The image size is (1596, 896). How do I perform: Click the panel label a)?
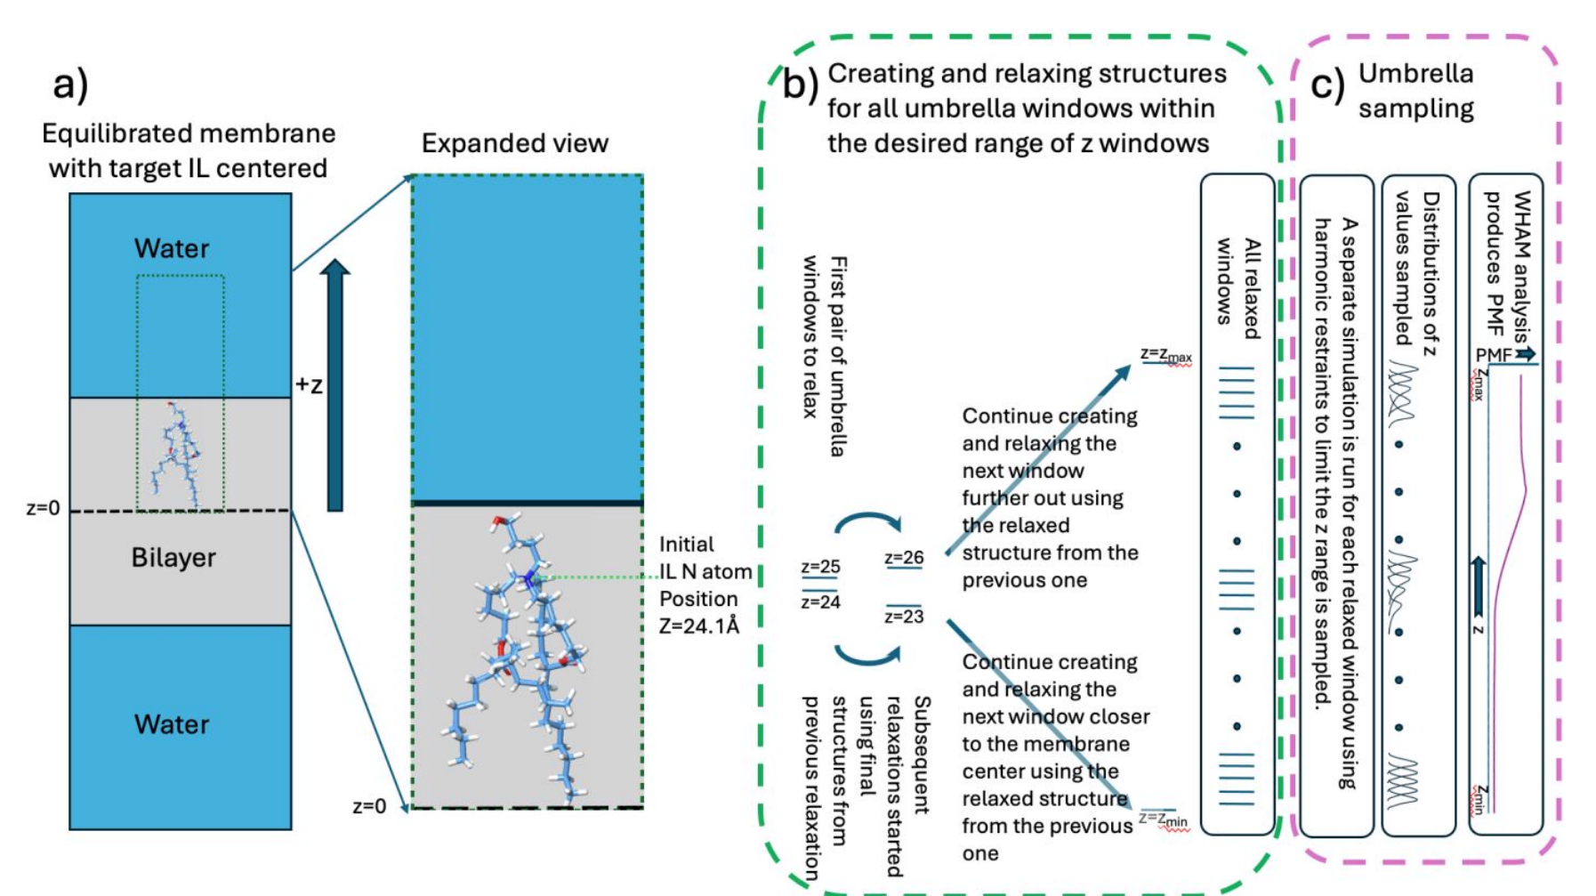coord(70,85)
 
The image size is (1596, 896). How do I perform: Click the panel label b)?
coord(800,85)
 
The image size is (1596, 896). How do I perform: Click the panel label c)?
coord(1327,85)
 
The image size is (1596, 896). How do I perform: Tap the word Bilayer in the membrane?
coord(173,558)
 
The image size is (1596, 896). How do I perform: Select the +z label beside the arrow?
coord(309,385)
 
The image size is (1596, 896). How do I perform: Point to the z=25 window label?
coord(820,567)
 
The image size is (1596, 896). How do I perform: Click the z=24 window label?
coord(820,602)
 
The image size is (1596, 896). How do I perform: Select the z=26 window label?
coord(904,558)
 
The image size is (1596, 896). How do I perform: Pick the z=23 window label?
coord(904,617)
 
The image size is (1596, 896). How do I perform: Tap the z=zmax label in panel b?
coord(1165,355)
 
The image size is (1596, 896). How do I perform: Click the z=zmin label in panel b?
coord(1163,819)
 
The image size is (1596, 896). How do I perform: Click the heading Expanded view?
coord(514,143)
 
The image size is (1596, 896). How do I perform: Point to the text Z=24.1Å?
coord(699,626)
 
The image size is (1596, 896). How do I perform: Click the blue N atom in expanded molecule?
coord(530,580)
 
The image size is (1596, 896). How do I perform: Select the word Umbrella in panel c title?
coord(1415,74)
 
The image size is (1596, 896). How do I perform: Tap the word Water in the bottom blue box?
coord(172,724)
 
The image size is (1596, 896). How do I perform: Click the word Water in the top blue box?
coord(172,248)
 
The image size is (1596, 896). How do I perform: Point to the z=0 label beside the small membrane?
coord(43,509)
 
